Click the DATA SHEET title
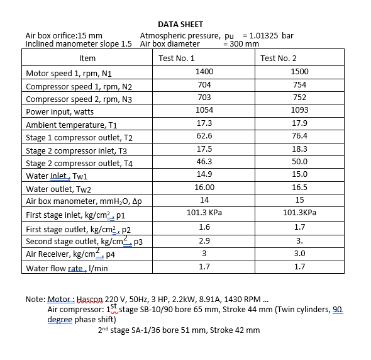click(180, 25)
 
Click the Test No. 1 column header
click(177, 59)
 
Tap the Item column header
click(87, 59)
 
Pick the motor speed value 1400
click(205, 72)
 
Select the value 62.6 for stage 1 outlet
click(204, 137)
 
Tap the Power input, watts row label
click(60, 111)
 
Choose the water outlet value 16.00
click(204, 188)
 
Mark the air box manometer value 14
click(204, 200)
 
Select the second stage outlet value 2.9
click(204, 241)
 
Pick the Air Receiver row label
click(70, 254)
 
